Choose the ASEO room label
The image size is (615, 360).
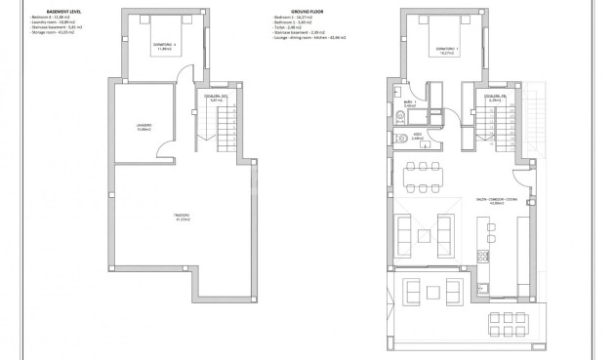[x=416, y=138]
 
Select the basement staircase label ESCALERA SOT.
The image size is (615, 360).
[x=216, y=98]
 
